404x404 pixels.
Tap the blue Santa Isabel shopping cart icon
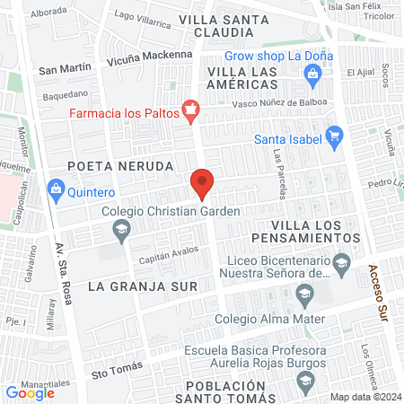(x=335, y=137)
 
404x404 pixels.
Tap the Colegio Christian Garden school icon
(x=121, y=233)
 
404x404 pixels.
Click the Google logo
(x=31, y=392)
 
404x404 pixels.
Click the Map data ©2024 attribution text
(x=364, y=397)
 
